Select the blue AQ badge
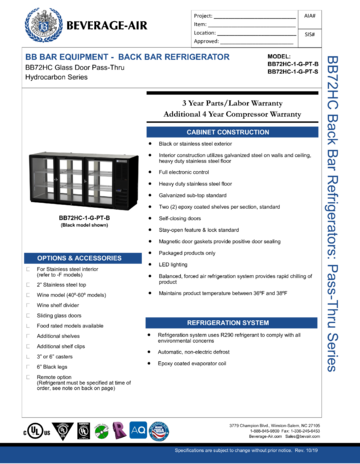point(139,431)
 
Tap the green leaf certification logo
point(101,431)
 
